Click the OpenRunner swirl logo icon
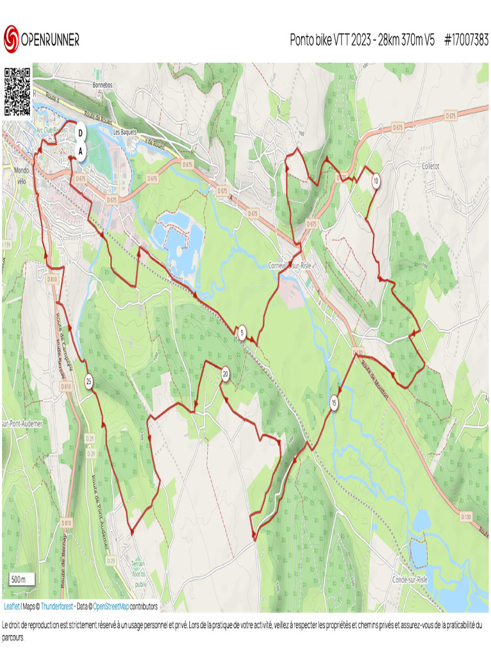(x=11, y=39)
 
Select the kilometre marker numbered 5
(x=242, y=332)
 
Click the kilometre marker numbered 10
(x=376, y=181)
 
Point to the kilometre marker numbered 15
(x=334, y=403)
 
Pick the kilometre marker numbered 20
(x=225, y=375)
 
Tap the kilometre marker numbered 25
(x=89, y=382)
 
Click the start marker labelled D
(x=81, y=133)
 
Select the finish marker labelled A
(x=81, y=151)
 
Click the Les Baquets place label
(x=125, y=132)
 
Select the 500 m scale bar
(x=19, y=579)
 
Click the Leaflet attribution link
(x=12, y=606)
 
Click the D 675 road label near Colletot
(x=451, y=116)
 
